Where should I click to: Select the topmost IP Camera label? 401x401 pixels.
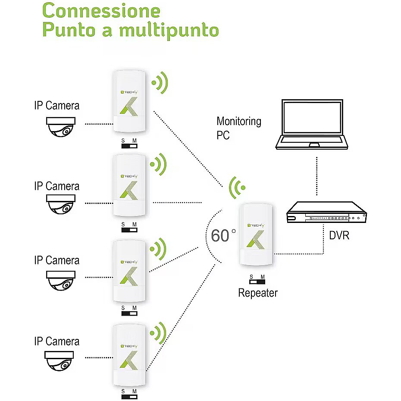(56, 106)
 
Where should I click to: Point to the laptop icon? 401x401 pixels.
(312, 125)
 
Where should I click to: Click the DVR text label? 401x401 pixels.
(339, 236)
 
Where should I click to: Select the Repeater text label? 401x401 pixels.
(258, 293)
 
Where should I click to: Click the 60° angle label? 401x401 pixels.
(223, 235)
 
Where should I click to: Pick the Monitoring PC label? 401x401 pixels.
(238, 128)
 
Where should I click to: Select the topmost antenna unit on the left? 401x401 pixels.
(131, 102)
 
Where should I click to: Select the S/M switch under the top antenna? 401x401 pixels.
(129, 144)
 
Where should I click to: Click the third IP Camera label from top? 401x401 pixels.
(56, 261)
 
